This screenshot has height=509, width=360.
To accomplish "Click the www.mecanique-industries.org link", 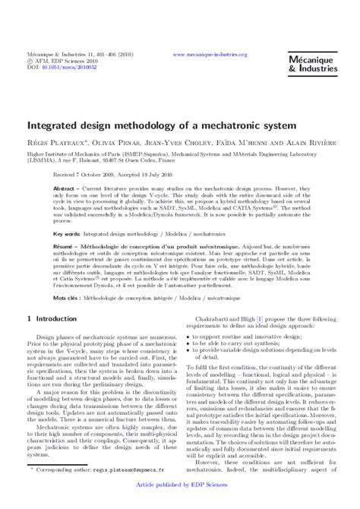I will coord(210,55).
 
